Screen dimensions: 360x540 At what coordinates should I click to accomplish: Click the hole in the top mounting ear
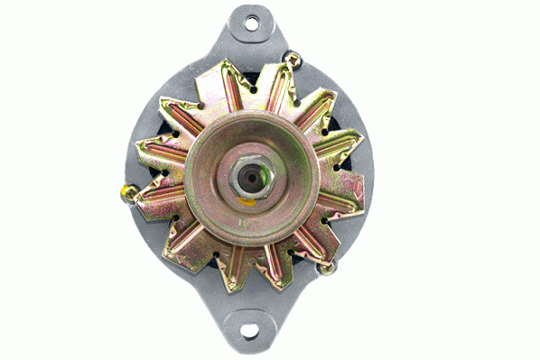251,22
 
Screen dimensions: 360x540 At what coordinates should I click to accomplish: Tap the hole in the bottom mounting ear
249,331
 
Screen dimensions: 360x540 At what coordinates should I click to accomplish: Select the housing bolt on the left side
127,192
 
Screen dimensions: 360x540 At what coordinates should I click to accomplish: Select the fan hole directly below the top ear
253,89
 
